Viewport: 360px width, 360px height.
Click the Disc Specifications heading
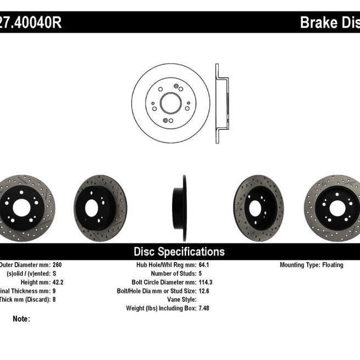point(179,252)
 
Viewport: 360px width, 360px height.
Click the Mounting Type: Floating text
point(311,265)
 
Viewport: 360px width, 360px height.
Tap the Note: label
point(21,319)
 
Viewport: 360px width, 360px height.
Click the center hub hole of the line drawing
point(170,103)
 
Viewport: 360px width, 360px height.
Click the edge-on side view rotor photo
point(181,208)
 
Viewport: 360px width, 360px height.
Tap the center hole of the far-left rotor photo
point(21,208)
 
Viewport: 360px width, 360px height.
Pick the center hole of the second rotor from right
point(256,208)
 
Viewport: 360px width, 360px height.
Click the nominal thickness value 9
point(54,291)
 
